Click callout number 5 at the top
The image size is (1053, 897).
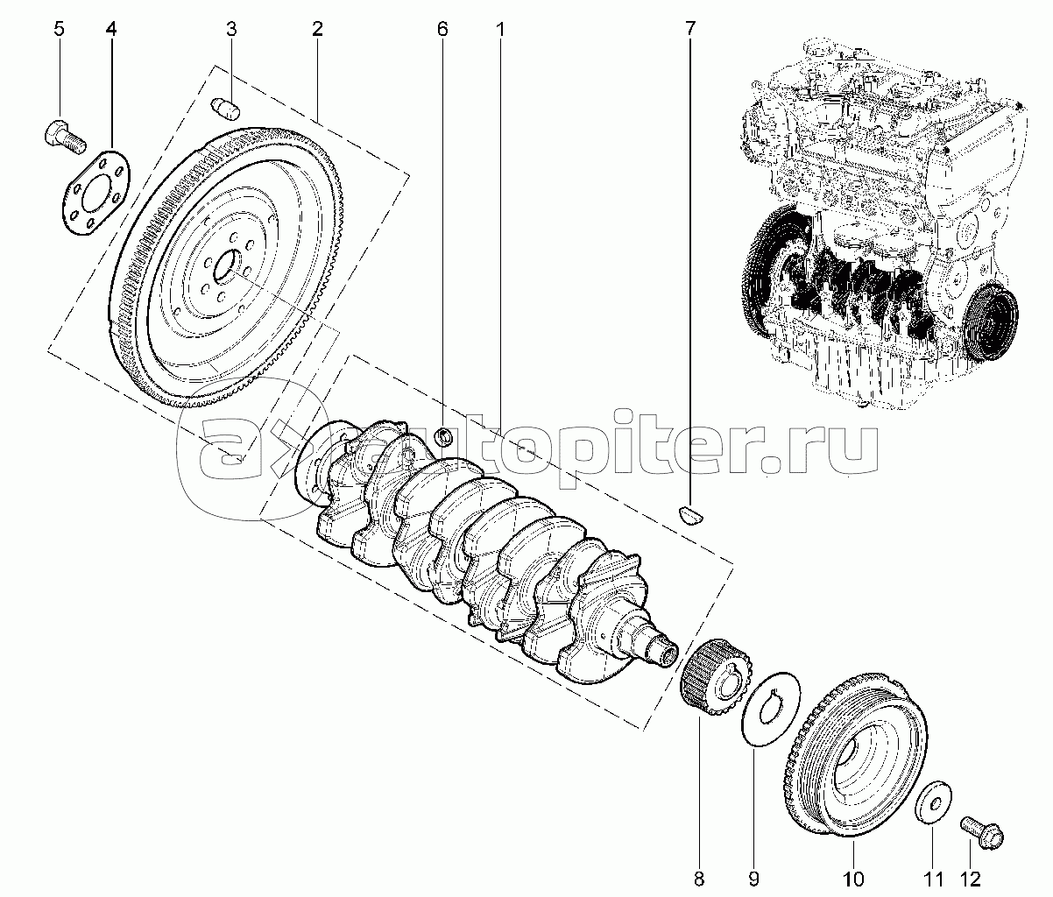tap(59, 29)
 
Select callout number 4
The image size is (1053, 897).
tap(111, 29)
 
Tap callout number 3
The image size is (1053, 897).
tap(231, 29)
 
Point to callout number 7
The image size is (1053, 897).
tap(689, 29)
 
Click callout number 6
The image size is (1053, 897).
tap(442, 29)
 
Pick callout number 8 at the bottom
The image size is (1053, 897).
tap(698, 878)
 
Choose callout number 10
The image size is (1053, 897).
tap(853, 878)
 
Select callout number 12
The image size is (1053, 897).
tap(969, 878)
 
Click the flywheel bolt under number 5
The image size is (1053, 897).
tap(63, 135)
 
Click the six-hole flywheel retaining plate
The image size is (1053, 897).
tap(97, 193)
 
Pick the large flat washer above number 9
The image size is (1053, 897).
tap(770, 709)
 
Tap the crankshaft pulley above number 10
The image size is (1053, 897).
tap(858, 759)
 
